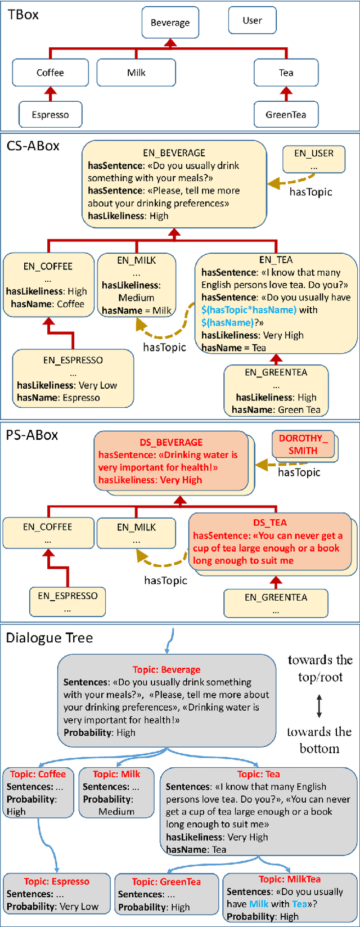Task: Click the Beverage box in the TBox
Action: tap(170, 22)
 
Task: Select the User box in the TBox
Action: tap(252, 20)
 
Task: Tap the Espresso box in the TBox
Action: tap(50, 115)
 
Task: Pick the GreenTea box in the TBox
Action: tap(286, 115)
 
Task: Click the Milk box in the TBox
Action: tap(136, 73)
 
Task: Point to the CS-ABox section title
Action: tap(33, 146)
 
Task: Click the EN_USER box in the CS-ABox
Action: tap(314, 159)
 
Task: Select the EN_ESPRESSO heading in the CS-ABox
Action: tap(73, 360)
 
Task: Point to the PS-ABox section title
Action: tap(32, 435)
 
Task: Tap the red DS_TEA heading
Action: tap(270, 523)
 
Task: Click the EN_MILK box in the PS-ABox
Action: tap(136, 533)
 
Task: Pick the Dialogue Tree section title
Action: tap(49, 638)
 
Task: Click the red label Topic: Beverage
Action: tap(166, 669)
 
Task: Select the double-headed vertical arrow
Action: tap(319, 705)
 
